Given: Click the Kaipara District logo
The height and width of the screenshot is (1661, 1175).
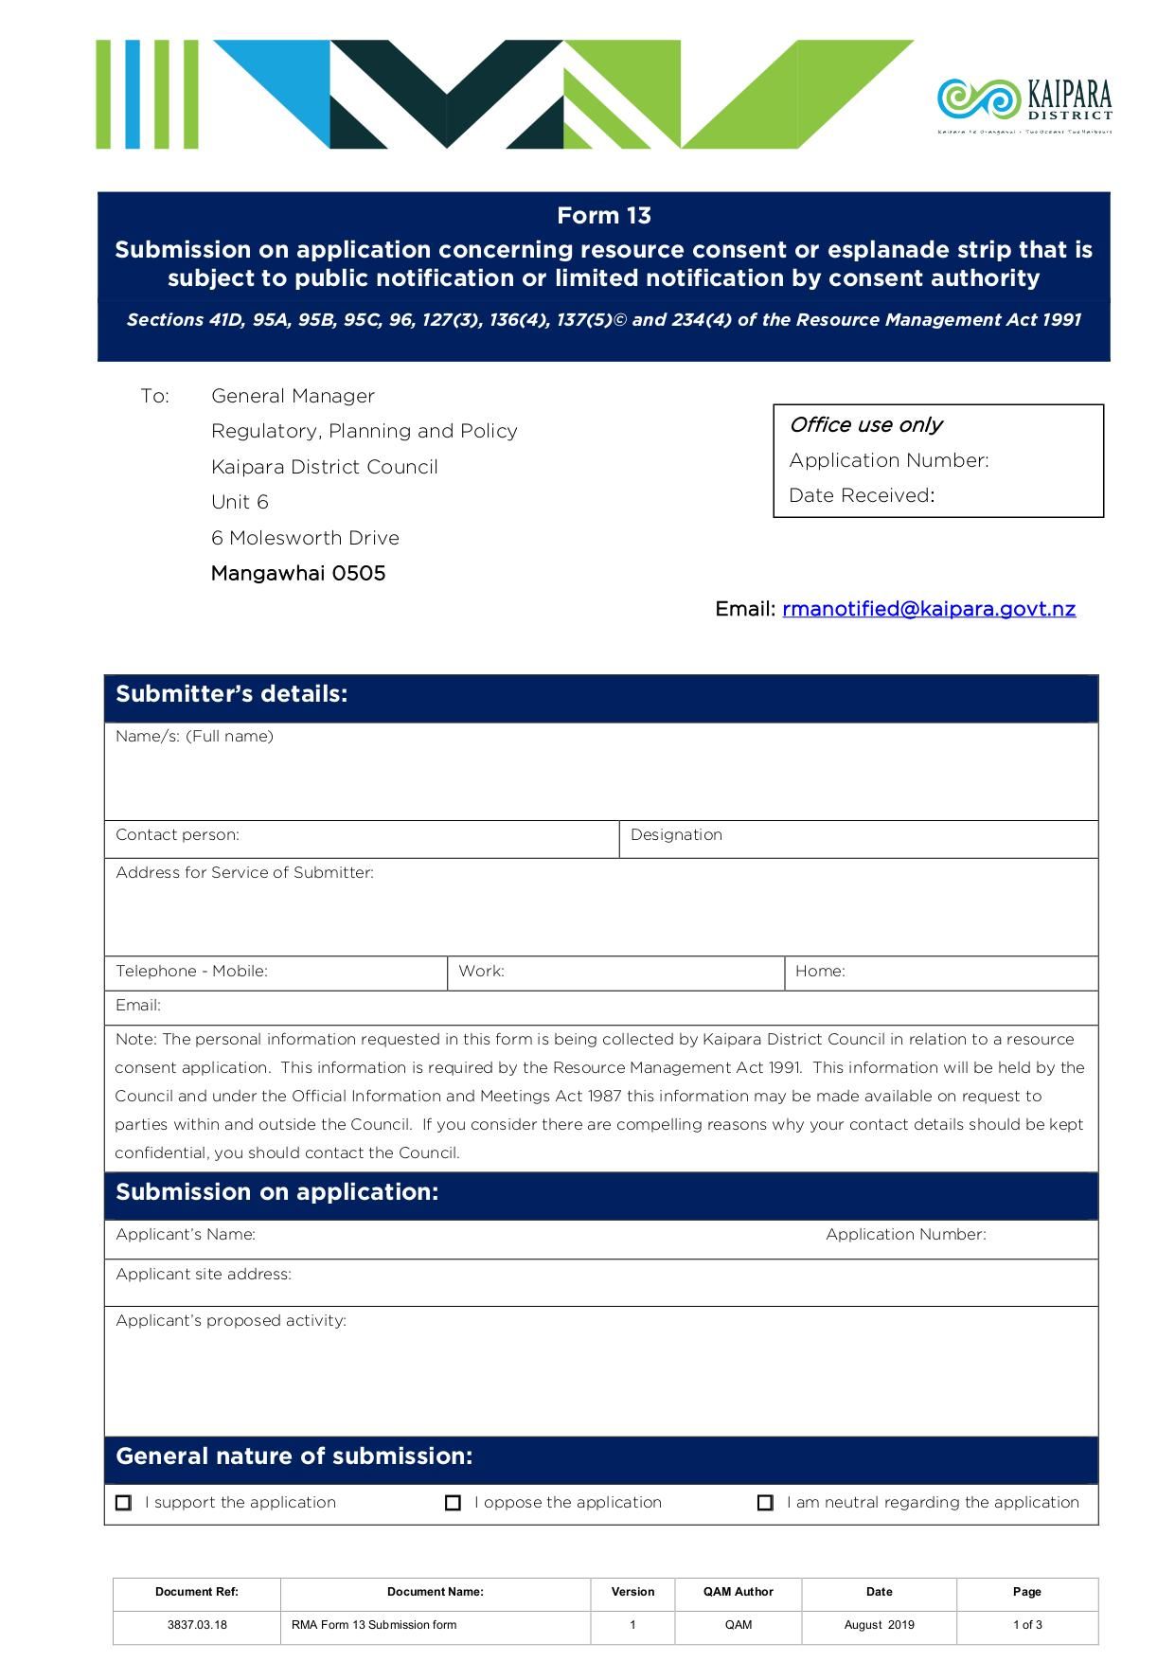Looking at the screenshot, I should click(1024, 102).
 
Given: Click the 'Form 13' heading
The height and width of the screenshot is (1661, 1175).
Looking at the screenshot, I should click(603, 216).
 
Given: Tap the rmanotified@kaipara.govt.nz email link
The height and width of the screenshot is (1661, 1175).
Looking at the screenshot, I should click(928, 609).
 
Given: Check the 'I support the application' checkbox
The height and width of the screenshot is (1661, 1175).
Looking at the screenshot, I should click(124, 1503).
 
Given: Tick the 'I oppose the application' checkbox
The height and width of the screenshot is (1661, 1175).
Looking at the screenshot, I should click(453, 1503).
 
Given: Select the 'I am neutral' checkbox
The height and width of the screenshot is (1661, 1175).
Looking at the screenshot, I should click(765, 1503).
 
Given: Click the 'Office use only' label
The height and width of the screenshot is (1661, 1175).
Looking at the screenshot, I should click(865, 425).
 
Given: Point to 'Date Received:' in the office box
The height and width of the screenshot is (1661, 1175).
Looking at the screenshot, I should click(861, 495).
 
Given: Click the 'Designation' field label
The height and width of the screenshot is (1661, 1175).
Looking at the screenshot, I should click(676, 835).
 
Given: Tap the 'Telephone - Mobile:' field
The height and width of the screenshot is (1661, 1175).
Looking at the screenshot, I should click(275, 972).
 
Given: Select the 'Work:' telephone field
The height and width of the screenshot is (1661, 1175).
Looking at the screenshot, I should click(615, 972).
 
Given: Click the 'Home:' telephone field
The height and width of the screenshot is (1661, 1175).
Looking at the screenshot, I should click(940, 972).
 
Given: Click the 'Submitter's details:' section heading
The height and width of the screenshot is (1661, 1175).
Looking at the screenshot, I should click(232, 694).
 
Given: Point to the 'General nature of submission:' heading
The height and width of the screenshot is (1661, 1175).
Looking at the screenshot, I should click(294, 1456).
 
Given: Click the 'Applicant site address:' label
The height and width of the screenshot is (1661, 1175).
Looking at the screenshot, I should click(204, 1275).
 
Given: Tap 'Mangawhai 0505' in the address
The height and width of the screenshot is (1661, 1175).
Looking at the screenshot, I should click(298, 574).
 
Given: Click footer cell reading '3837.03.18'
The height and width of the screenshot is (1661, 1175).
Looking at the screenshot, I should click(197, 1625).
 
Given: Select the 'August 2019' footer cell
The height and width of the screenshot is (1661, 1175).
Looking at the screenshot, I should click(879, 1625).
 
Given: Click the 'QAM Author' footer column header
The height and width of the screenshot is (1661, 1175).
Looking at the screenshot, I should click(738, 1592).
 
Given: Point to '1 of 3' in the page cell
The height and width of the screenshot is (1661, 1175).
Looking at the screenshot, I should click(1026, 1625).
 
